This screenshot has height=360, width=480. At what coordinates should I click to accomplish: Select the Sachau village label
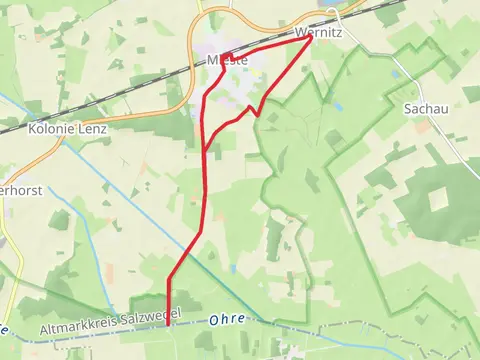pyautogui.click(x=425, y=108)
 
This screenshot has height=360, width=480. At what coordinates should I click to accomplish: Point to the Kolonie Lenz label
pyautogui.click(x=67, y=128)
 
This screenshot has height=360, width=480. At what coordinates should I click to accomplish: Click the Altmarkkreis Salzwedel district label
pyautogui.click(x=110, y=321)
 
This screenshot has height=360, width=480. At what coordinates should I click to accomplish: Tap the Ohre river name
pyautogui.click(x=227, y=320)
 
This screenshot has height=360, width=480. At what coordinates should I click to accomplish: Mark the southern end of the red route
pyautogui.click(x=167, y=325)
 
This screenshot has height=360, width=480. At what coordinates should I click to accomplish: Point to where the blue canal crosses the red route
pyautogui.click(x=169, y=311)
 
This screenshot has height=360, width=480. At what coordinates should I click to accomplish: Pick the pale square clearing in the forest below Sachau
pyautogui.click(x=439, y=200)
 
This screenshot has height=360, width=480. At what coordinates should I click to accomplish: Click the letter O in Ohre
pyautogui.click(x=214, y=320)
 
